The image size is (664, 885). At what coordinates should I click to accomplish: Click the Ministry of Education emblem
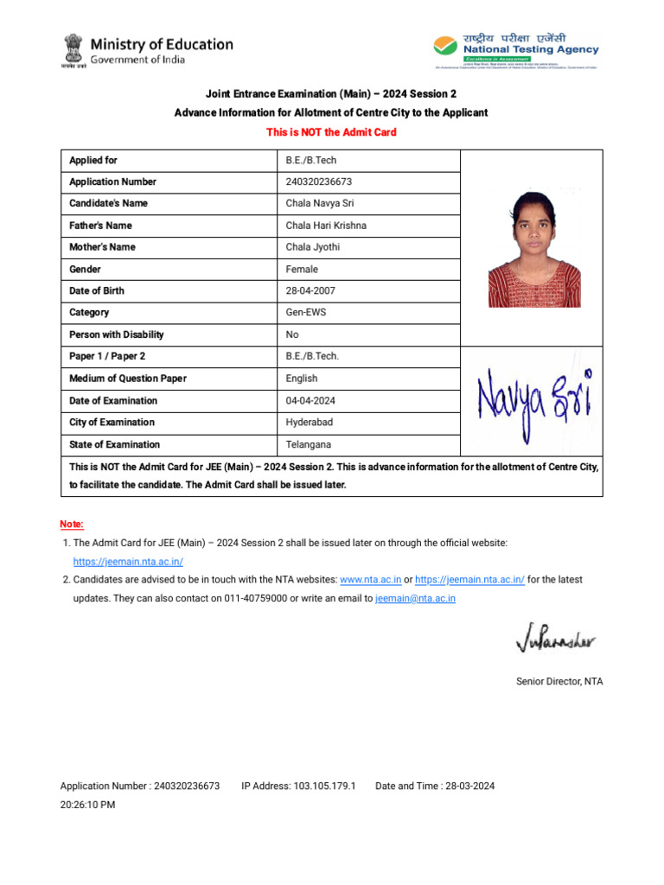click(x=73, y=51)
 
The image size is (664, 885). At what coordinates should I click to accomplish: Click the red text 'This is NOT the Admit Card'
click(x=331, y=132)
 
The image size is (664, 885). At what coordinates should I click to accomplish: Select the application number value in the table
click(x=318, y=181)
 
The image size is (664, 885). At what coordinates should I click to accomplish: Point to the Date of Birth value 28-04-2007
click(x=311, y=290)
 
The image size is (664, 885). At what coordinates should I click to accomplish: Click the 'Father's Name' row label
click(x=100, y=226)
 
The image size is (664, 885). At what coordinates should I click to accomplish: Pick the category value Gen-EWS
click(x=306, y=312)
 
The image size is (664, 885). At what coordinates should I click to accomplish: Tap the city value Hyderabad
click(x=309, y=423)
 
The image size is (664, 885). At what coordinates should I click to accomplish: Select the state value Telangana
click(x=308, y=444)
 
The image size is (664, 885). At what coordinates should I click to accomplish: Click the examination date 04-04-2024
click(x=311, y=401)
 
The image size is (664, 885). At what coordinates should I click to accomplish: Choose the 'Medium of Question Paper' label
click(x=127, y=379)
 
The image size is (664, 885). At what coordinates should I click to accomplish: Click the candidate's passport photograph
click(x=533, y=249)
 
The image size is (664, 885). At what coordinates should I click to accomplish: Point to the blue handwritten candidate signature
click(x=533, y=399)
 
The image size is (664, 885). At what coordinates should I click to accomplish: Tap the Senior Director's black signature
click(x=555, y=641)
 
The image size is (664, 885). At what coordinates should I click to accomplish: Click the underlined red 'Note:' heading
click(x=72, y=525)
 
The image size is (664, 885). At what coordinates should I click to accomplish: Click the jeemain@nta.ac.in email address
click(x=415, y=598)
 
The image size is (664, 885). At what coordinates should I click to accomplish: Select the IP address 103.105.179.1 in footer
click(x=298, y=786)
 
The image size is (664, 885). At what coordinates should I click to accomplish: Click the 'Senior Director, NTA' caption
click(x=559, y=681)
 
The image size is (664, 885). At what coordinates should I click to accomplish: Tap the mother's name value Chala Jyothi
click(x=312, y=247)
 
